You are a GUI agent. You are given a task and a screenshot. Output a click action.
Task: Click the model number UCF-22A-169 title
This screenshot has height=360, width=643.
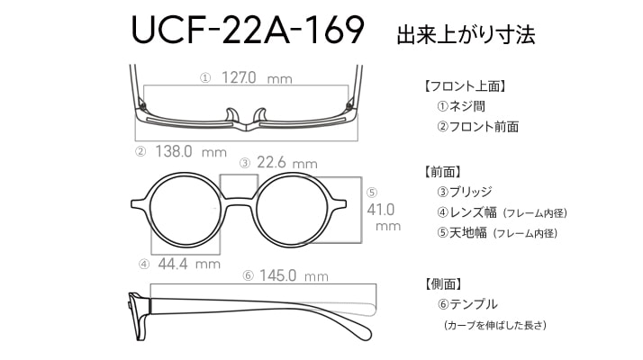coord(248,30)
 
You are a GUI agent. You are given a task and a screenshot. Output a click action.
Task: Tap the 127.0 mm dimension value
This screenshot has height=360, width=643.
coord(257,77)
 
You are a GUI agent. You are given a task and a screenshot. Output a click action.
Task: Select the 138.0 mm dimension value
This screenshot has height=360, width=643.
coord(191,152)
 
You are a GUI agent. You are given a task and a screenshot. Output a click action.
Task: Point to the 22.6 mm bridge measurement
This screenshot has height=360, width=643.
coord(287,163)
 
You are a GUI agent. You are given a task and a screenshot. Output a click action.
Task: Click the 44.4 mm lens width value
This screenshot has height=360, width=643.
coord(189,264)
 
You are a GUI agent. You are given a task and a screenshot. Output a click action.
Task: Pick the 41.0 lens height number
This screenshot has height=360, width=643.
coord(381,210)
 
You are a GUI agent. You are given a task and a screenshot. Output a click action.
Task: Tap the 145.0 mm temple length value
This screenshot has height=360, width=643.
coord(294,275)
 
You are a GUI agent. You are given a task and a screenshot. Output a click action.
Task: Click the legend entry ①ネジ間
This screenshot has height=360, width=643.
coord(461,106)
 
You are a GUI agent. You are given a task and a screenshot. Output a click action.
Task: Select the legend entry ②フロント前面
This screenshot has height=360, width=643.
coord(477,127)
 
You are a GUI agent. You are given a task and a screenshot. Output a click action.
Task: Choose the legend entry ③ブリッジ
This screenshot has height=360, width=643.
coord(464,192)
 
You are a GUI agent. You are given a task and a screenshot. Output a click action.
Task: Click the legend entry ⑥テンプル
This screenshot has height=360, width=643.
coord(467,304)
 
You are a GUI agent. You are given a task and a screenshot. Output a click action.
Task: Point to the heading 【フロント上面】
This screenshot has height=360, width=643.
coord(464,86)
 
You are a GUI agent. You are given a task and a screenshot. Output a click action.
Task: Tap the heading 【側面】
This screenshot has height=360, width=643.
coord(443,283)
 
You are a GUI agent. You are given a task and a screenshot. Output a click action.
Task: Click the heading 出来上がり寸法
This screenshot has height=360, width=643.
coord(466,34)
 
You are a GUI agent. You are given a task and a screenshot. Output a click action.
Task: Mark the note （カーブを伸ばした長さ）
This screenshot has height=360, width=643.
coord(495,325)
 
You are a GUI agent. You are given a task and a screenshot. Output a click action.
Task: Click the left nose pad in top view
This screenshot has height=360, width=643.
coord(231,115)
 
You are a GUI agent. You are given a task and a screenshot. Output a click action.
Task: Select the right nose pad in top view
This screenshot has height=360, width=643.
coord(260,115)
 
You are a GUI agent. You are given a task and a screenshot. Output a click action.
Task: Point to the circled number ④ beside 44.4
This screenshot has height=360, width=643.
coord(144,265)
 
